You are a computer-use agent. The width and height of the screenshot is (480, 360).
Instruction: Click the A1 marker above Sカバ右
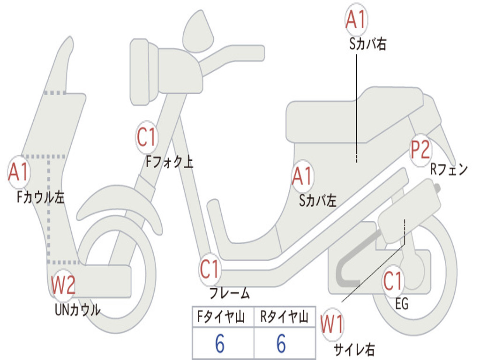click(356, 20)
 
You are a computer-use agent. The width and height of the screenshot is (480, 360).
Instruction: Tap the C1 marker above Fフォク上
click(147, 137)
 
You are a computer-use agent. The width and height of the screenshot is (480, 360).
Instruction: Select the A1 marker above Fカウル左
click(19, 172)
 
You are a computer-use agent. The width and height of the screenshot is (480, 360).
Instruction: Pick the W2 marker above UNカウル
click(63, 285)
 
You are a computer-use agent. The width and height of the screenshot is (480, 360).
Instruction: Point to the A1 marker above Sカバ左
click(302, 176)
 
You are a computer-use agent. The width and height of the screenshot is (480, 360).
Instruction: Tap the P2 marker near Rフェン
click(420, 150)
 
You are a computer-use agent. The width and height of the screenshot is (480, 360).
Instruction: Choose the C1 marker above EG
click(393, 281)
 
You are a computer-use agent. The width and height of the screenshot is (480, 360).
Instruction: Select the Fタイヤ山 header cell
click(223, 316)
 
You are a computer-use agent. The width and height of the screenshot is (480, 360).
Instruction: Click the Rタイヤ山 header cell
click(285, 316)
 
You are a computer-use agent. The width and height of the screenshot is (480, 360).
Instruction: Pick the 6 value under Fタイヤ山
click(220, 344)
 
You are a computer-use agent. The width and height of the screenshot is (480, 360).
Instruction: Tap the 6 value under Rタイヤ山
click(281, 344)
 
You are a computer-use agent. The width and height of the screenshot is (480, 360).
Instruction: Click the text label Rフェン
click(449, 169)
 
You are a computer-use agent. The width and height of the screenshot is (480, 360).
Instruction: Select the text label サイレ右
click(354, 350)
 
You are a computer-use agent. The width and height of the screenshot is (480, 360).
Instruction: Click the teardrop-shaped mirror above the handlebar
click(198, 31)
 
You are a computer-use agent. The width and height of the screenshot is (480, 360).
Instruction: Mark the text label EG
click(402, 304)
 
